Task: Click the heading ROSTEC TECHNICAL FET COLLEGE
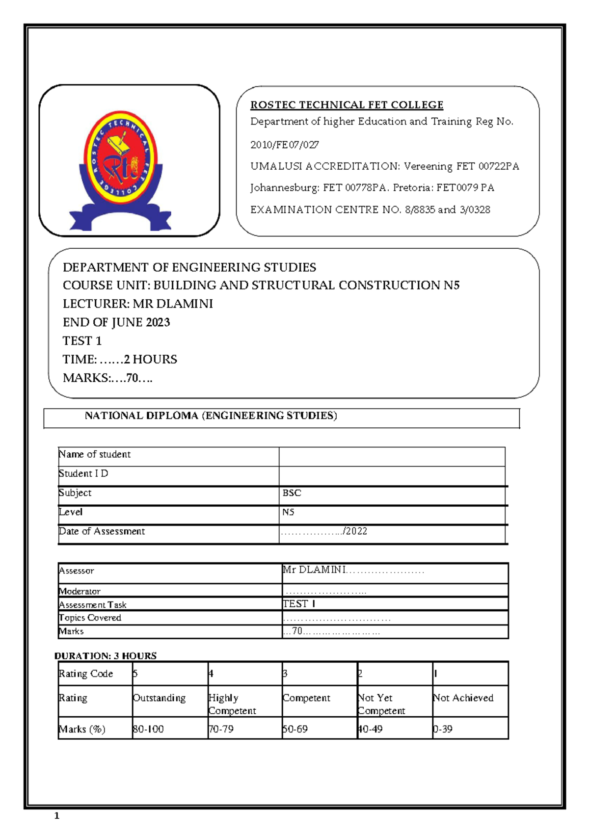coord(347,105)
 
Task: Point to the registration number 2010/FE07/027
coord(285,145)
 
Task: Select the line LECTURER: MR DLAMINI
coord(138,304)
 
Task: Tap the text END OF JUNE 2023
coord(116,322)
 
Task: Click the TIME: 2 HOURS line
coord(120,360)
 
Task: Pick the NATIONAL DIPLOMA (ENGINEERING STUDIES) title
coord(211,416)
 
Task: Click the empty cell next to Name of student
coord(391,456)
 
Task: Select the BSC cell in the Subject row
coord(292,493)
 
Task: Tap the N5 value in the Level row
coord(288,512)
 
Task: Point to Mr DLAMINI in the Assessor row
coord(314,570)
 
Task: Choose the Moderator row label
coord(80,592)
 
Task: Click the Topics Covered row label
coord(90,618)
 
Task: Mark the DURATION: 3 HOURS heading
coord(106,656)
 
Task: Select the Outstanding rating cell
coord(160,698)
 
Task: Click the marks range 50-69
coord(295,729)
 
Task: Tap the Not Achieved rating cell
coord(463,698)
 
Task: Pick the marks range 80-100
coord(148,729)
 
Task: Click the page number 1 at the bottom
coord(57,816)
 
